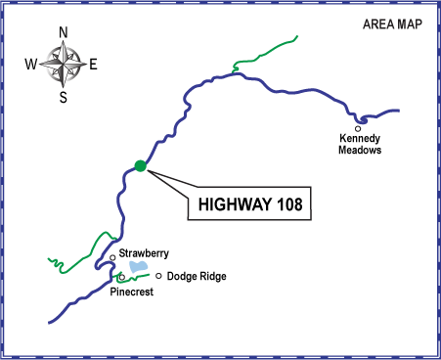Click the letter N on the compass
coord(64,32)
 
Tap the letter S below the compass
coord(64,97)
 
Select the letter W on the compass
coord(31,65)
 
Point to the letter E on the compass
coord(94,65)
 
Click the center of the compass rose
coord(64,65)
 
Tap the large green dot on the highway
coord(140,165)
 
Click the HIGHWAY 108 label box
coord(248,205)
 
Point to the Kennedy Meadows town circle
coord(359,128)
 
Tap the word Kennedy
coord(359,139)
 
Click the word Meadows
coord(359,151)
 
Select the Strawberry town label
coord(146,254)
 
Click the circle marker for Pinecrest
coord(121,278)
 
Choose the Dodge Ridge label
coord(197,277)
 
